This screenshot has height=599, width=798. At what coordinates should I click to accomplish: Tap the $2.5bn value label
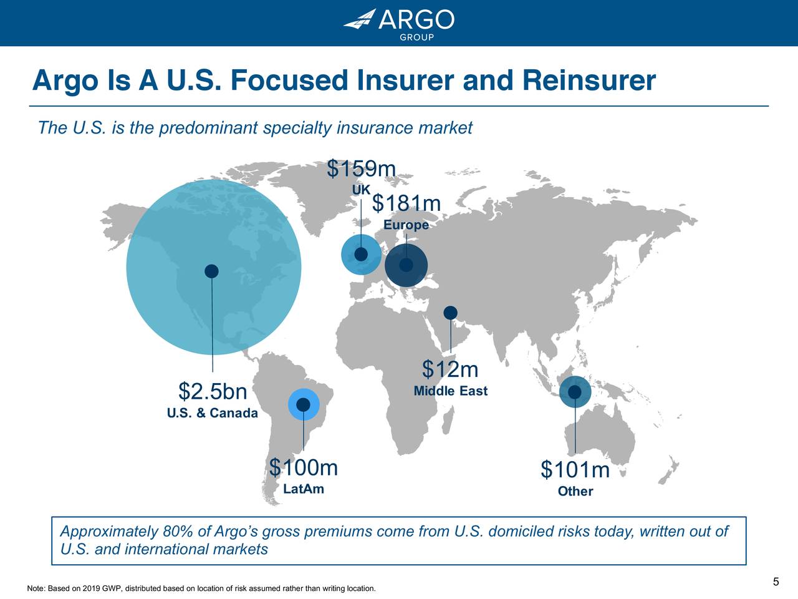[x=213, y=392]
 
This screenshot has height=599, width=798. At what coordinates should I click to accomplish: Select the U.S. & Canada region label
[x=213, y=413]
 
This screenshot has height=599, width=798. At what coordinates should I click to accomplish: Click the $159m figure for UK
[x=362, y=168]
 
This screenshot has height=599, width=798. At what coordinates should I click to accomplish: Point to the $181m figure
[x=406, y=204]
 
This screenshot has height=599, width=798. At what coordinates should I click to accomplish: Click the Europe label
[x=406, y=225]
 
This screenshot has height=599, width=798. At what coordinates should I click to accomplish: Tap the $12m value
[x=450, y=369]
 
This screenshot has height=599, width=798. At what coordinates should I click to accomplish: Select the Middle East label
[x=450, y=391]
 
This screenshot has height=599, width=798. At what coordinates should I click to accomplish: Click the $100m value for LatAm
[x=304, y=467]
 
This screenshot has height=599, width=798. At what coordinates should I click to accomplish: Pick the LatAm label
[x=304, y=489]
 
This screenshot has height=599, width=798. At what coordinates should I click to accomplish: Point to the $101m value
[x=575, y=470]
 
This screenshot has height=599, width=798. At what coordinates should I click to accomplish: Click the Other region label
[x=575, y=492]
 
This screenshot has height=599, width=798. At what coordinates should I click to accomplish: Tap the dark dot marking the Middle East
[x=450, y=313]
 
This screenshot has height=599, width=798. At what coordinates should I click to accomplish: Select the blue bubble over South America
[x=304, y=405]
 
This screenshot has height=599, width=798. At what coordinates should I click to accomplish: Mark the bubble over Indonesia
[x=575, y=392]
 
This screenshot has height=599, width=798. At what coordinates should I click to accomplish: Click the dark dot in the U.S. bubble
[x=211, y=271]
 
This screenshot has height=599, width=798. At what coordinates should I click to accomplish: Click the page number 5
[x=776, y=582]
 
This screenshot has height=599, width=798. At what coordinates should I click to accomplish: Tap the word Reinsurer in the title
[x=589, y=81]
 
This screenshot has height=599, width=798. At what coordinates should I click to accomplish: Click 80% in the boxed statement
[x=177, y=532]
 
